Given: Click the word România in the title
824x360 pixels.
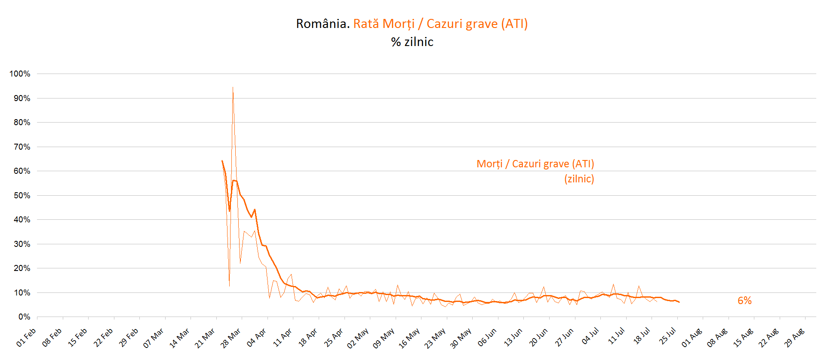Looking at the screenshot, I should point(323,24).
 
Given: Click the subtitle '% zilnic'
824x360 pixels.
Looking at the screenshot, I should point(412,42).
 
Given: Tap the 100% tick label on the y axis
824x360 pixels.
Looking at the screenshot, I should point(20,74).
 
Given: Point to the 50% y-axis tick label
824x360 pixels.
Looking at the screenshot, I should point(22,196).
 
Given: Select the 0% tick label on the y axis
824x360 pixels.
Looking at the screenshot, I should point(24,317).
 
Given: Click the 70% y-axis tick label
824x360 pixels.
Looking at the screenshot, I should point(22,147).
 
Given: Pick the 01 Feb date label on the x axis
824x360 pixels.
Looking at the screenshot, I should point(26,338).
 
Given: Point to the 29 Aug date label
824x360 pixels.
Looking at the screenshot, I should point(794,338).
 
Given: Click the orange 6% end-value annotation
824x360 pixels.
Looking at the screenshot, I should point(744,301).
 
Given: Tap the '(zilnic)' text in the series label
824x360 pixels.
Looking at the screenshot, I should point(579,179).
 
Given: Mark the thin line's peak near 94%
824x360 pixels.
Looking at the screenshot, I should point(233,88).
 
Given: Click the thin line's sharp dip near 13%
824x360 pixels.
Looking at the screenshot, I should point(229,286).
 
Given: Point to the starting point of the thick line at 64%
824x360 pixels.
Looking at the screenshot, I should point(222,161).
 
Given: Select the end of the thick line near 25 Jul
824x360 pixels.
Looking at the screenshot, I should point(679,302).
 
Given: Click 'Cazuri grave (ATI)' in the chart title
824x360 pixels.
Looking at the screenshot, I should point(477,24).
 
